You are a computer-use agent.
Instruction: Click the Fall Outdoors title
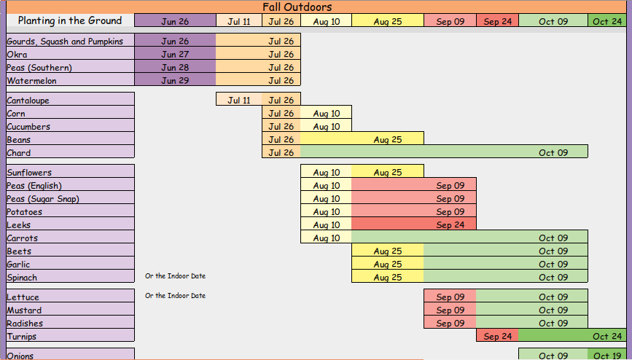pyautogui.click(x=297, y=7)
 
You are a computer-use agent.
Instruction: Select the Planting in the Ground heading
pyautogui.click(x=70, y=20)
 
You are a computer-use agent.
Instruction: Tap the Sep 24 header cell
pyautogui.click(x=497, y=21)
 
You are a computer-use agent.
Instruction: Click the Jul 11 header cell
pyautogui.click(x=239, y=21)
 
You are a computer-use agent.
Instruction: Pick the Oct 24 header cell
pyautogui.click(x=607, y=21)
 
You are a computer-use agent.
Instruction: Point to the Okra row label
pyautogui.click(x=17, y=55)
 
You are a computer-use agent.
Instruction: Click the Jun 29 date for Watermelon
pyautogui.click(x=175, y=81)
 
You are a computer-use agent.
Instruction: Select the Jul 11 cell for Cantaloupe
pyautogui.click(x=239, y=100)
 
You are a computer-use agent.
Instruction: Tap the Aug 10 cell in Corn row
pyautogui.click(x=327, y=113)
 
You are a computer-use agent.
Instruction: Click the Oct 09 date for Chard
pyautogui.click(x=553, y=153)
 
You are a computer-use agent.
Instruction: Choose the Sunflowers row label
pyautogui.click(x=29, y=173)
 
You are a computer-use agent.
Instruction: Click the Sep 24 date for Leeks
pyautogui.click(x=450, y=225)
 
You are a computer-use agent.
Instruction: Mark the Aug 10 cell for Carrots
pyautogui.click(x=327, y=238)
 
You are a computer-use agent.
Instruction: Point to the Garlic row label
pyautogui.click(x=18, y=265)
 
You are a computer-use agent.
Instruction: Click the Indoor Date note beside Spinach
pyautogui.click(x=176, y=276)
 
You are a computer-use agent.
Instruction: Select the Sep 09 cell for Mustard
pyautogui.click(x=450, y=310)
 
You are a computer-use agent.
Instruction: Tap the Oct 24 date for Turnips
pyautogui.click(x=607, y=336)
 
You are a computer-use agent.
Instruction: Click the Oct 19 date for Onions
pyautogui.click(x=607, y=356)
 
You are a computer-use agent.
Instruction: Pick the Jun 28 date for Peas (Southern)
pyautogui.click(x=175, y=67)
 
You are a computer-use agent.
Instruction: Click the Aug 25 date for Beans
pyautogui.click(x=387, y=139)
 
